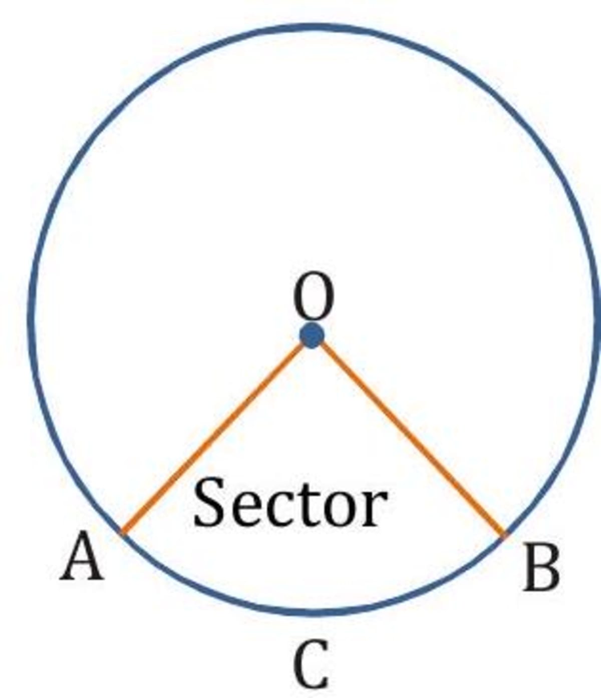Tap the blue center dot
pyautogui.click(x=313, y=335)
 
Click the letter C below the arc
pyautogui.click(x=312, y=665)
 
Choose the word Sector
pyautogui.click(x=290, y=502)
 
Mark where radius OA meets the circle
pyautogui.click(x=122, y=533)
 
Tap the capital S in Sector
pyautogui.click(x=209, y=502)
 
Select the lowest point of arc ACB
pyautogui.click(x=313, y=611)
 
